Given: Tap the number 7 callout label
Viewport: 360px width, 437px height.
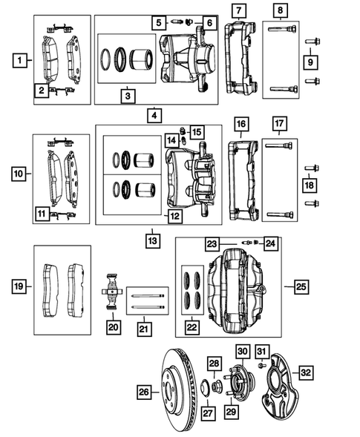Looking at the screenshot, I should pyautogui.click(x=237, y=11).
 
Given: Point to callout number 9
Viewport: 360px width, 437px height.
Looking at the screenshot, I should pyautogui.click(x=311, y=62).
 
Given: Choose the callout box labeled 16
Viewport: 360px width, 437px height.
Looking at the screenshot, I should pyautogui.click(x=240, y=123).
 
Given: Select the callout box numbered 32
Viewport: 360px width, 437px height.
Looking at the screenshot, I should pyautogui.click(x=306, y=372).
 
